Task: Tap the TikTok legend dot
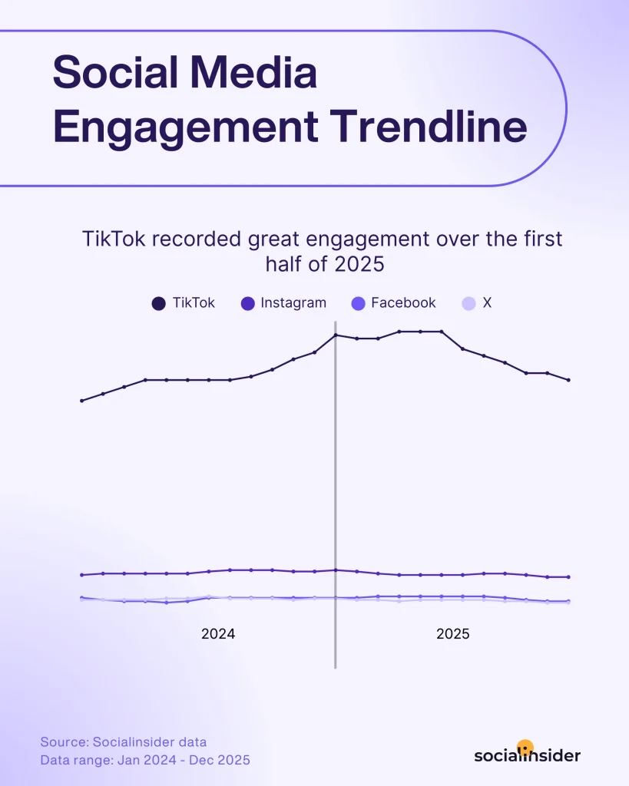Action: (159, 303)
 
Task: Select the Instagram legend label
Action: (293, 302)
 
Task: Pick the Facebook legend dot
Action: (358, 303)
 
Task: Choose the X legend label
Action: (487, 302)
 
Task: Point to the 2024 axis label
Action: (218, 634)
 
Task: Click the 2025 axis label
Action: (453, 634)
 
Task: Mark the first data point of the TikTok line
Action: (81, 401)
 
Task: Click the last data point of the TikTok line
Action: (568, 380)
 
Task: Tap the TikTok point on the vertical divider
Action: (336, 335)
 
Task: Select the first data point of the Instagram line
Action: (81, 575)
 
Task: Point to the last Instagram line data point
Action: (568, 576)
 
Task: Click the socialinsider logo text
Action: (527, 755)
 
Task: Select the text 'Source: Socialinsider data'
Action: (124, 742)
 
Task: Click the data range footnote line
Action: (145, 760)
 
